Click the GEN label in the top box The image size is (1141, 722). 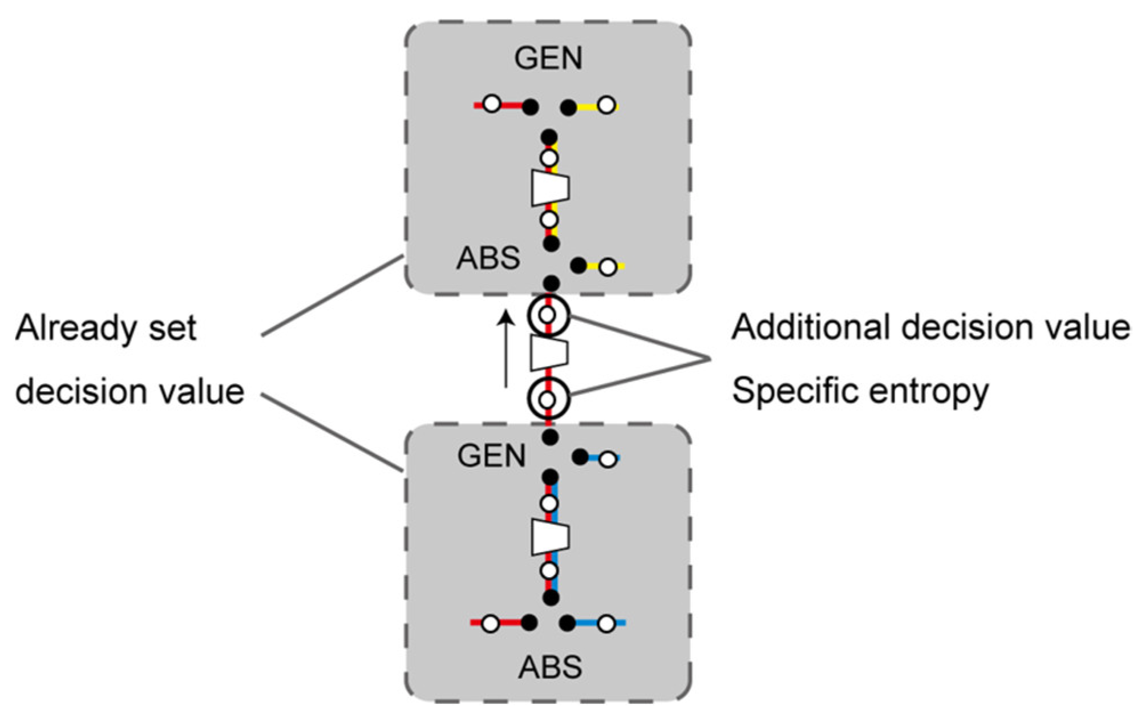pos(548,58)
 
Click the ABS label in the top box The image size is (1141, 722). pos(488,258)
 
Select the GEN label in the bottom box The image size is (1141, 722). pos(491,456)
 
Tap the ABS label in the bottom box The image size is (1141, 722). pos(550,667)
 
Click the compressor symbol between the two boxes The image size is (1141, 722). pos(549,353)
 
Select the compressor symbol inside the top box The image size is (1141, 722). pos(550,188)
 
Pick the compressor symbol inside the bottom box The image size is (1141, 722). pos(550,537)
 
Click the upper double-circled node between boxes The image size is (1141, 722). pos(548,314)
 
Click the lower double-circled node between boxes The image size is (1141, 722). pos(548,400)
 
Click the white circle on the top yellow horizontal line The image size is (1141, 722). pos(607,106)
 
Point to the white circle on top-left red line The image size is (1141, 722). pos(492,104)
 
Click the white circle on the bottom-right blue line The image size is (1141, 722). pos(607,624)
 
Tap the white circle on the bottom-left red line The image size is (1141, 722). pos(490,624)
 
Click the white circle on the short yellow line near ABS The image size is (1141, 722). pos(609,266)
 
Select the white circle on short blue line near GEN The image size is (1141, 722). pos(608,459)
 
